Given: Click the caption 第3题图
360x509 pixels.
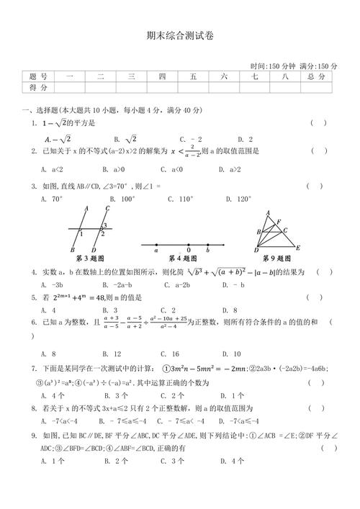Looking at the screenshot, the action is point(90,258).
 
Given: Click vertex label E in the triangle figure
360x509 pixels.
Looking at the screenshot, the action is point(297,248).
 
